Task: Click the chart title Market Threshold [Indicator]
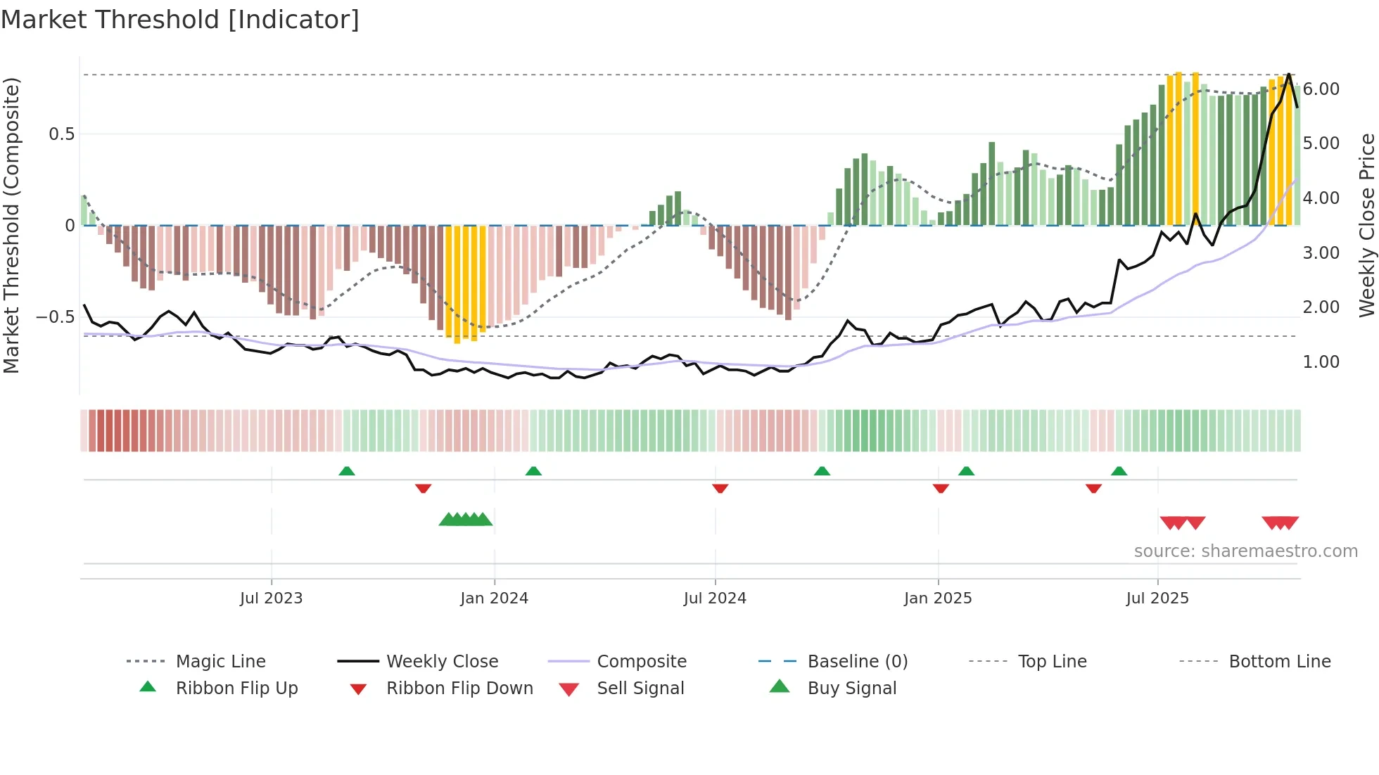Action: point(180,20)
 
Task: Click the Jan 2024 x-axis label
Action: point(494,598)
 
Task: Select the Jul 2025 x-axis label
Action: point(1157,598)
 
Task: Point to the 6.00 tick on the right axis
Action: point(1321,89)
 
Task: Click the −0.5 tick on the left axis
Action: point(55,317)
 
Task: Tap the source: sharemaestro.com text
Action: point(1245,551)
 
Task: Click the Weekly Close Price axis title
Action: point(1366,225)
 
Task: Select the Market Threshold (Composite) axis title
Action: point(11,225)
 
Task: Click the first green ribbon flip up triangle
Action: point(346,471)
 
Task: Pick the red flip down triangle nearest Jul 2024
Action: point(720,488)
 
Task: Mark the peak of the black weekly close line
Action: point(1289,74)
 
